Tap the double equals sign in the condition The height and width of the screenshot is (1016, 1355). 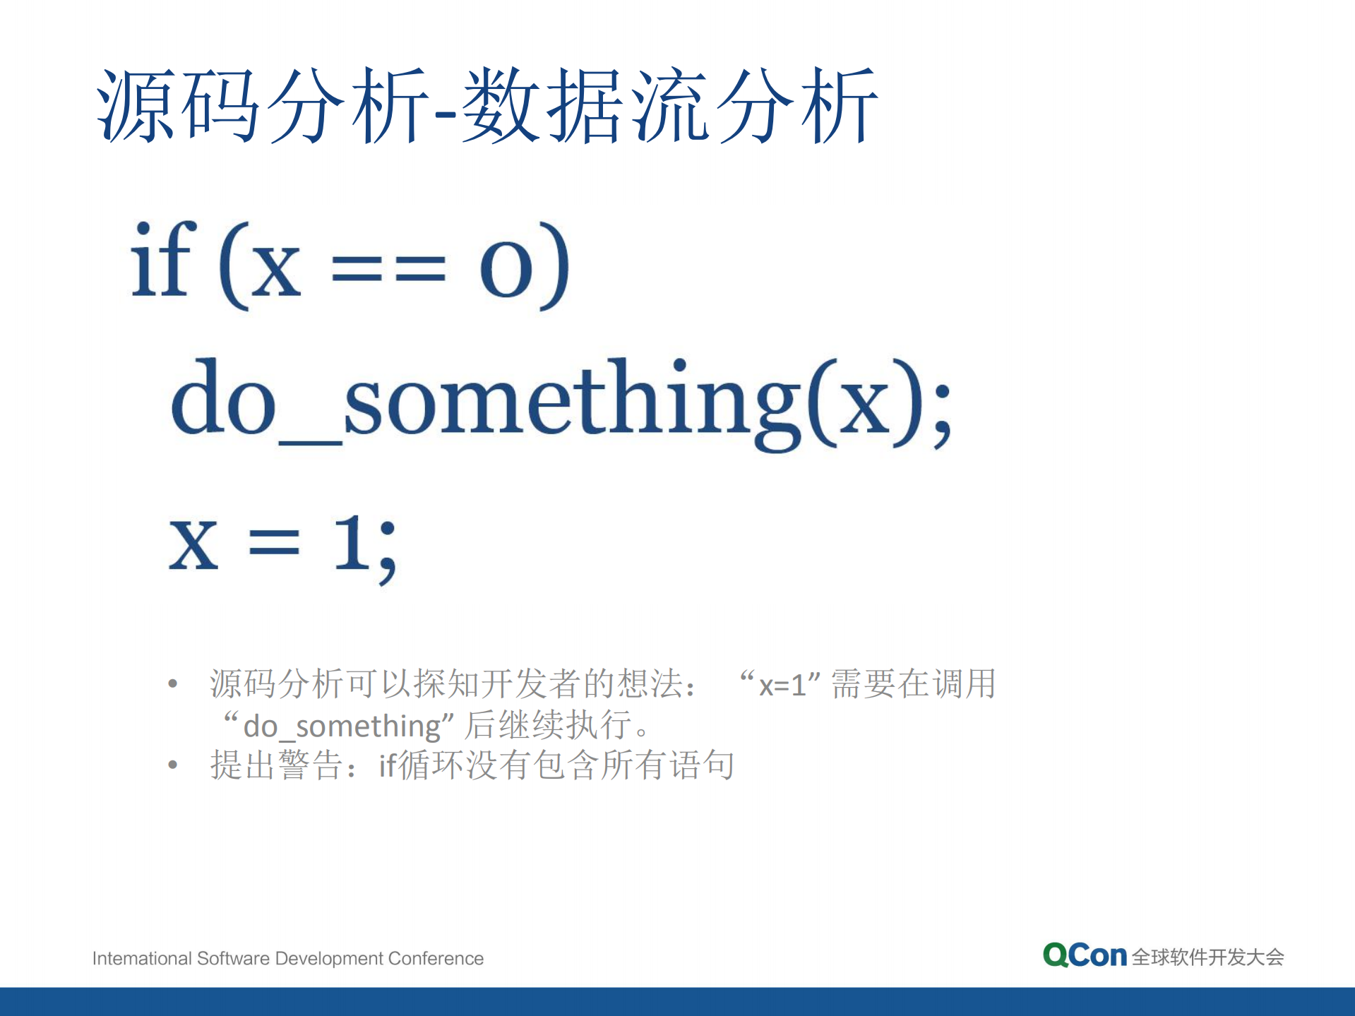coord(388,269)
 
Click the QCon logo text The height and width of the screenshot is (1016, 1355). coord(1085,955)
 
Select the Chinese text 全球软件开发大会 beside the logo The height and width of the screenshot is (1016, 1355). coord(1207,957)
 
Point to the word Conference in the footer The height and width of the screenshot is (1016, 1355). coord(436,958)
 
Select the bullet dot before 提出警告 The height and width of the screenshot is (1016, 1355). coord(173,765)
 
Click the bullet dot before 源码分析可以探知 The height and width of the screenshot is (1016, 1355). coord(173,683)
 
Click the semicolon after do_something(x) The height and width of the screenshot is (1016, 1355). coord(942,415)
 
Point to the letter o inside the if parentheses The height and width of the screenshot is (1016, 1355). coord(506,270)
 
